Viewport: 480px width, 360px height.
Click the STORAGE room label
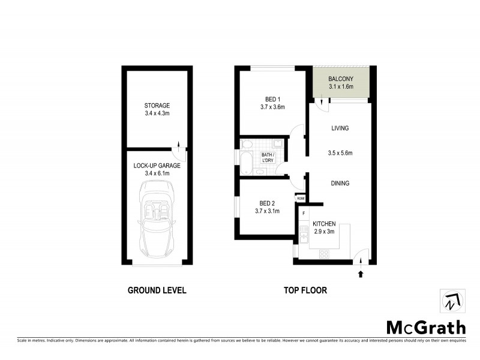coord(157,105)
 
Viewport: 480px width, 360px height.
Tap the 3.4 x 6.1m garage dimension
coord(157,173)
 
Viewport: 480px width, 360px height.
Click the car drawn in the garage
coord(157,218)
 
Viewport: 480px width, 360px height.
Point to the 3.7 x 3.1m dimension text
coord(268,211)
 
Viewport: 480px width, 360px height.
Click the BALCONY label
coord(341,79)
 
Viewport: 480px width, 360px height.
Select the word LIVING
coord(340,128)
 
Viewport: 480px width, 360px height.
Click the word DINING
coord(340,184)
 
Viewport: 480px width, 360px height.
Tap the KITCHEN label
coord(323,223)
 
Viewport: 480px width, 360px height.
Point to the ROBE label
coord(300,198)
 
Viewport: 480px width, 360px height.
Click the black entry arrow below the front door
coord(361,274)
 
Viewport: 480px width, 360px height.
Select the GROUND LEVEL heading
coord(157,290)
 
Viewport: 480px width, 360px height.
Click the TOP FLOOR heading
coord(305,290)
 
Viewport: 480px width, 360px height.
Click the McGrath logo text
coord(425,327)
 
